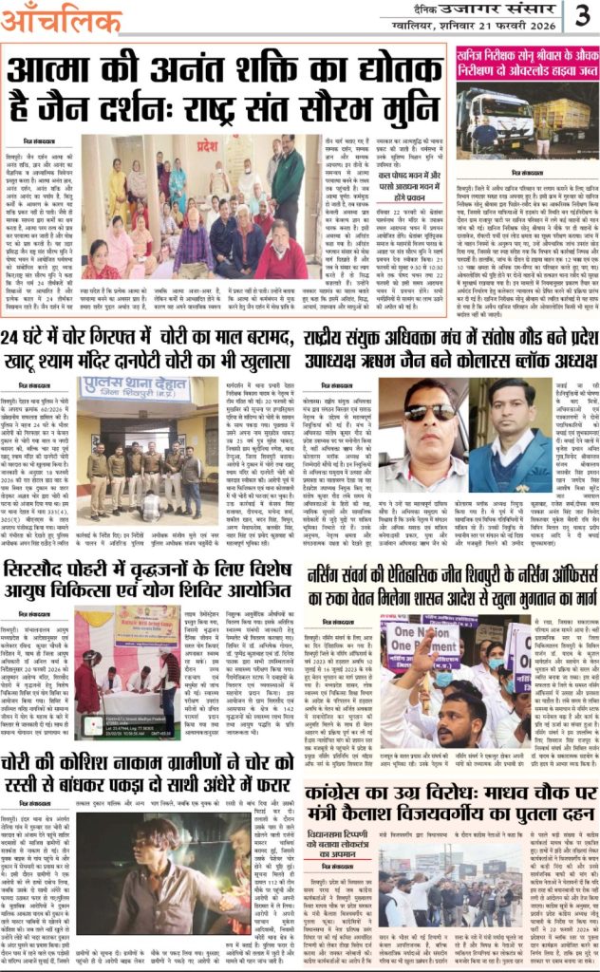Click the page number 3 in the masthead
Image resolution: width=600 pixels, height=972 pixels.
[582, 16]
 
